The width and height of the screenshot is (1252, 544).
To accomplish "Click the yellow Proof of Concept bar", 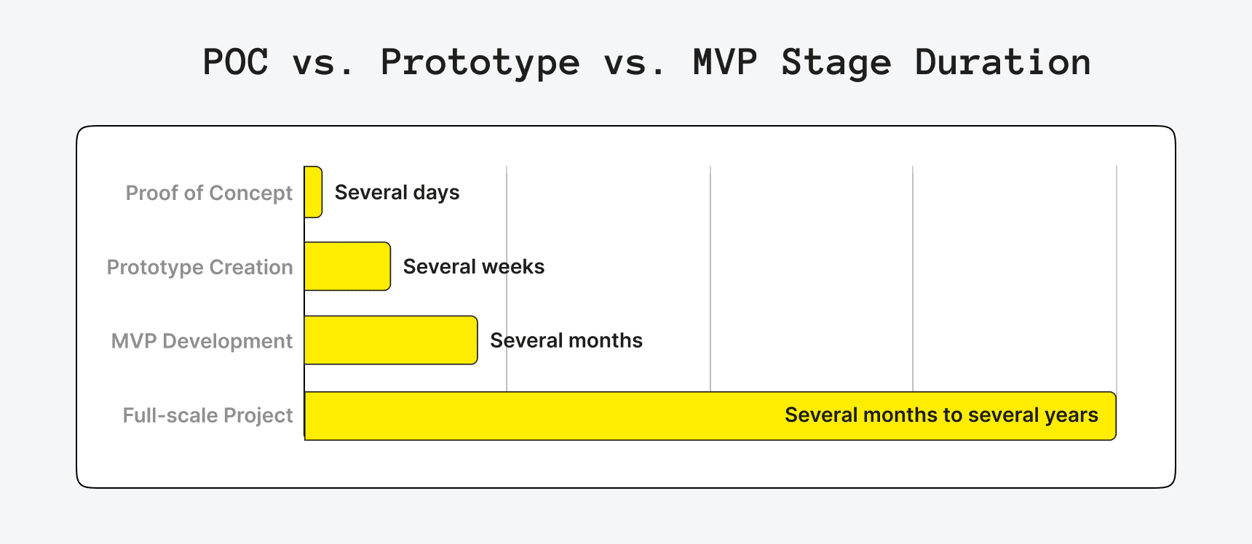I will click(313, 192).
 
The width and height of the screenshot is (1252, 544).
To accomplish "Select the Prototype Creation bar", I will click(347, 266).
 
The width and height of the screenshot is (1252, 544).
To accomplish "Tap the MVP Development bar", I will click(391, 340).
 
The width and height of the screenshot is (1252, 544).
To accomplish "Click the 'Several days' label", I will click(397, 193).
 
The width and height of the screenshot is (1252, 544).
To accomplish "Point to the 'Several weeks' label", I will click(473, 267).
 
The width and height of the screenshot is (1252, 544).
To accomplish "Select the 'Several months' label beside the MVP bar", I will click(566, 340).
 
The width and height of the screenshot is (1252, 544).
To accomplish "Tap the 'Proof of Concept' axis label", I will click(209, 193).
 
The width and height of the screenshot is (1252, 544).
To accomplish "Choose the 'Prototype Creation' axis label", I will click(199, 267).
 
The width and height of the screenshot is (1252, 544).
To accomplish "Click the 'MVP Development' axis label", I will click(202, 341).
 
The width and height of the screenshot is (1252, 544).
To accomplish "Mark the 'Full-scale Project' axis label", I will click(207, 415).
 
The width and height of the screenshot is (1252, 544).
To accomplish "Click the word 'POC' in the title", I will click(235, 62).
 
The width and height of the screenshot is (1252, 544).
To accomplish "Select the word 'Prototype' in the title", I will click(480, 63).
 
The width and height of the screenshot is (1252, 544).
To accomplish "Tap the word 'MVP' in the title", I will click(724, 62).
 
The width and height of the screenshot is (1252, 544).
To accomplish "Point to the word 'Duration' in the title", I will click(1002, 62).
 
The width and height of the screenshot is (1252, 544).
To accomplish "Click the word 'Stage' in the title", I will click(836, 63).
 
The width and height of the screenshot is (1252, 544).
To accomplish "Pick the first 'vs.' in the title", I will click(323, 63).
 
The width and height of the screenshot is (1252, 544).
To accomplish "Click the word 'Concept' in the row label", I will click(250, 193).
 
